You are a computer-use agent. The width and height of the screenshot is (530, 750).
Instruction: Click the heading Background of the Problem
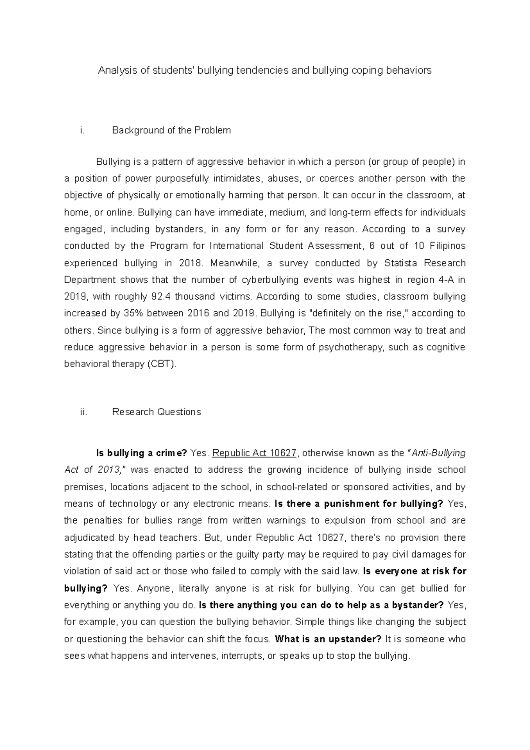tap(171, 130)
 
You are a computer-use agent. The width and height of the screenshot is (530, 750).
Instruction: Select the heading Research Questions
tap(156, 412)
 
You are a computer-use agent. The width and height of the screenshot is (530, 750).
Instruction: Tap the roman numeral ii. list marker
tap(83, 412)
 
